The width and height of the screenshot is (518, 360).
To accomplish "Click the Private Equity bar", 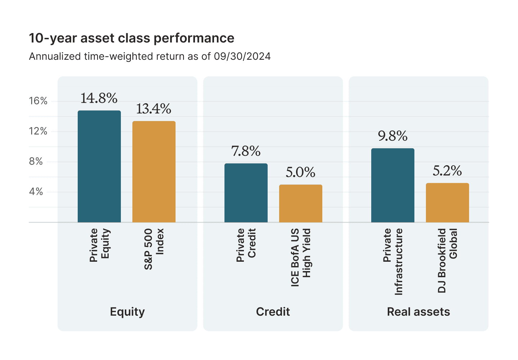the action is (99, 166).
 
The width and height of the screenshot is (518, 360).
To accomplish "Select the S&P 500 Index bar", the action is (154, 172).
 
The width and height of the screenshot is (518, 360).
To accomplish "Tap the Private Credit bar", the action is (246, 193).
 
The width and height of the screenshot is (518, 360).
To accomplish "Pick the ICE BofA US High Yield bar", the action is (301, 203).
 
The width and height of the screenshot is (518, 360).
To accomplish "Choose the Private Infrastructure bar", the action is (393, 185).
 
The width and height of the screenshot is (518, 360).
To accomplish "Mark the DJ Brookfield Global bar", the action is (447, 203).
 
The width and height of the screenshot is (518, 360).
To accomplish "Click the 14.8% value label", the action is (99, 98).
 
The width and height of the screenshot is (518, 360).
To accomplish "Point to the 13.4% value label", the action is (154, 109).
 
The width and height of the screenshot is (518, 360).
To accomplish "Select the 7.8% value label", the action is (246, 151).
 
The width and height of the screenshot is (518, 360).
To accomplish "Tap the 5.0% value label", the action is (300, 172).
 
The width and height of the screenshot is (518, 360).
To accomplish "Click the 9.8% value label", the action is (393, 136).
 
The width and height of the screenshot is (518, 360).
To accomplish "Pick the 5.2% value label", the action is (447, 171).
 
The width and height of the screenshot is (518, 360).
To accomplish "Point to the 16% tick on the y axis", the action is (38, 101).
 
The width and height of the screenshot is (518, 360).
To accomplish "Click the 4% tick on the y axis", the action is (36, 192).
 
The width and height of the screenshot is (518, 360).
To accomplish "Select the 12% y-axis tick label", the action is (38, 131).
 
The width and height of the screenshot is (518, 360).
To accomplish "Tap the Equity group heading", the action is (127, 312).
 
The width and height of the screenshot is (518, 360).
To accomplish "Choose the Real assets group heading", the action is (419, 312).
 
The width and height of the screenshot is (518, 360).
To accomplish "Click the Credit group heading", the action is (273, 312).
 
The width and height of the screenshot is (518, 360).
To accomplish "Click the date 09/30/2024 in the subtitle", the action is (242, 57).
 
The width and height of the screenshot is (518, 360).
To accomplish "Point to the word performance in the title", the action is (194, 39).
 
